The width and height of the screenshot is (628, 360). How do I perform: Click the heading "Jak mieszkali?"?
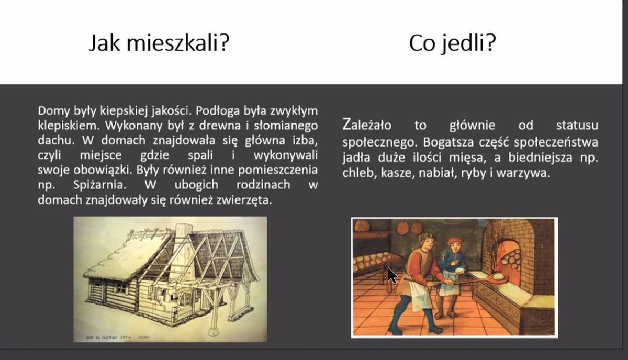pos(159,43)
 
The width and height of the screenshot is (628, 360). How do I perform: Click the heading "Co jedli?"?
pos(453,43)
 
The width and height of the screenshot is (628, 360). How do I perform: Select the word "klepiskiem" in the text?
pos(69,126)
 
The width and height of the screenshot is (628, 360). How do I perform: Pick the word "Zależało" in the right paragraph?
pos(367,125)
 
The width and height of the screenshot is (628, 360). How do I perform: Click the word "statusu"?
pos(577,125)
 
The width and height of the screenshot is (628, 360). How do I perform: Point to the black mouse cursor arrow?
pos(392,276)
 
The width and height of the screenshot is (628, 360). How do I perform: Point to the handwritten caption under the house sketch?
pos(117,337)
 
